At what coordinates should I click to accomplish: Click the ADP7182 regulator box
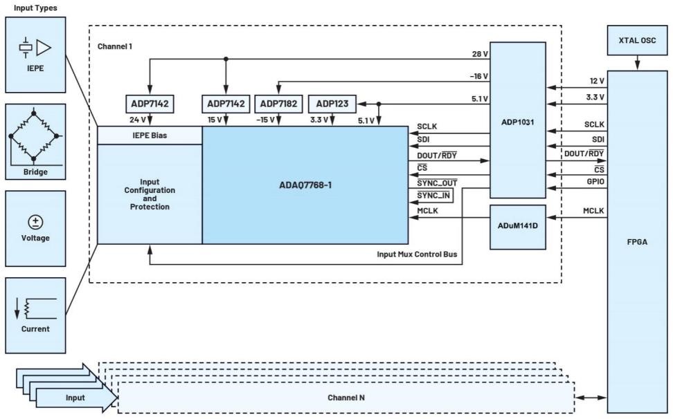pos(278,104)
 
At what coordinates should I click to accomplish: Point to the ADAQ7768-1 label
pos(305,185)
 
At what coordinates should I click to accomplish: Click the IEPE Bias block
pos(150,136)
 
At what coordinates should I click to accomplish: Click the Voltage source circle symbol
pos(34,221)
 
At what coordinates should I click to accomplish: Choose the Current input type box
pos(34,315)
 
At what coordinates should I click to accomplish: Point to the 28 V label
pos(478,53)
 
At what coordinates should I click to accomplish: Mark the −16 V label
pos(478,75)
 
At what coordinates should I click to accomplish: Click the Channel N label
pos(347,398)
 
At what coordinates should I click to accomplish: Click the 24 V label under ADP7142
pos(138,119)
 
